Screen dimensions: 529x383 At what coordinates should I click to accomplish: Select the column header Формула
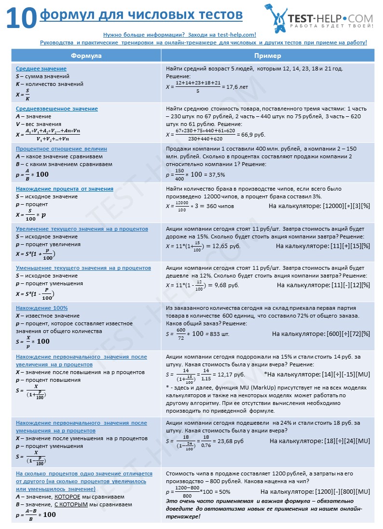[86, 56]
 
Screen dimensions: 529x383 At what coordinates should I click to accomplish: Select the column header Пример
[268, 56]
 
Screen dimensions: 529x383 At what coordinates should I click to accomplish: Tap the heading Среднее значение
[41, 69]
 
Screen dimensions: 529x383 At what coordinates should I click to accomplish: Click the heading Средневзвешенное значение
[57, 109]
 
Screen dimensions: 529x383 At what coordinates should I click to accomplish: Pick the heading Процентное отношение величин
[61, 149]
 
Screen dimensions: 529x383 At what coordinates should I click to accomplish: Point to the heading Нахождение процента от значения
[65, 189]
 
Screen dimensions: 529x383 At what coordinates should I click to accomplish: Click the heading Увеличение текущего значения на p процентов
[82, 229]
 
